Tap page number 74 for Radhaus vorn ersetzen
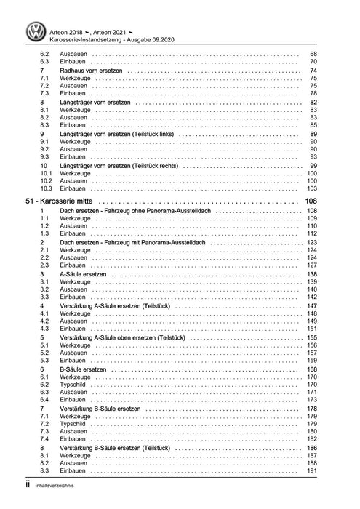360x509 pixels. coord(313,71)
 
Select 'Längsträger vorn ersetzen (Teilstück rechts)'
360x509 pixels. coord(119,166)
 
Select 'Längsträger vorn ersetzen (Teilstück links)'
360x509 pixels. coord(117,135)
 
